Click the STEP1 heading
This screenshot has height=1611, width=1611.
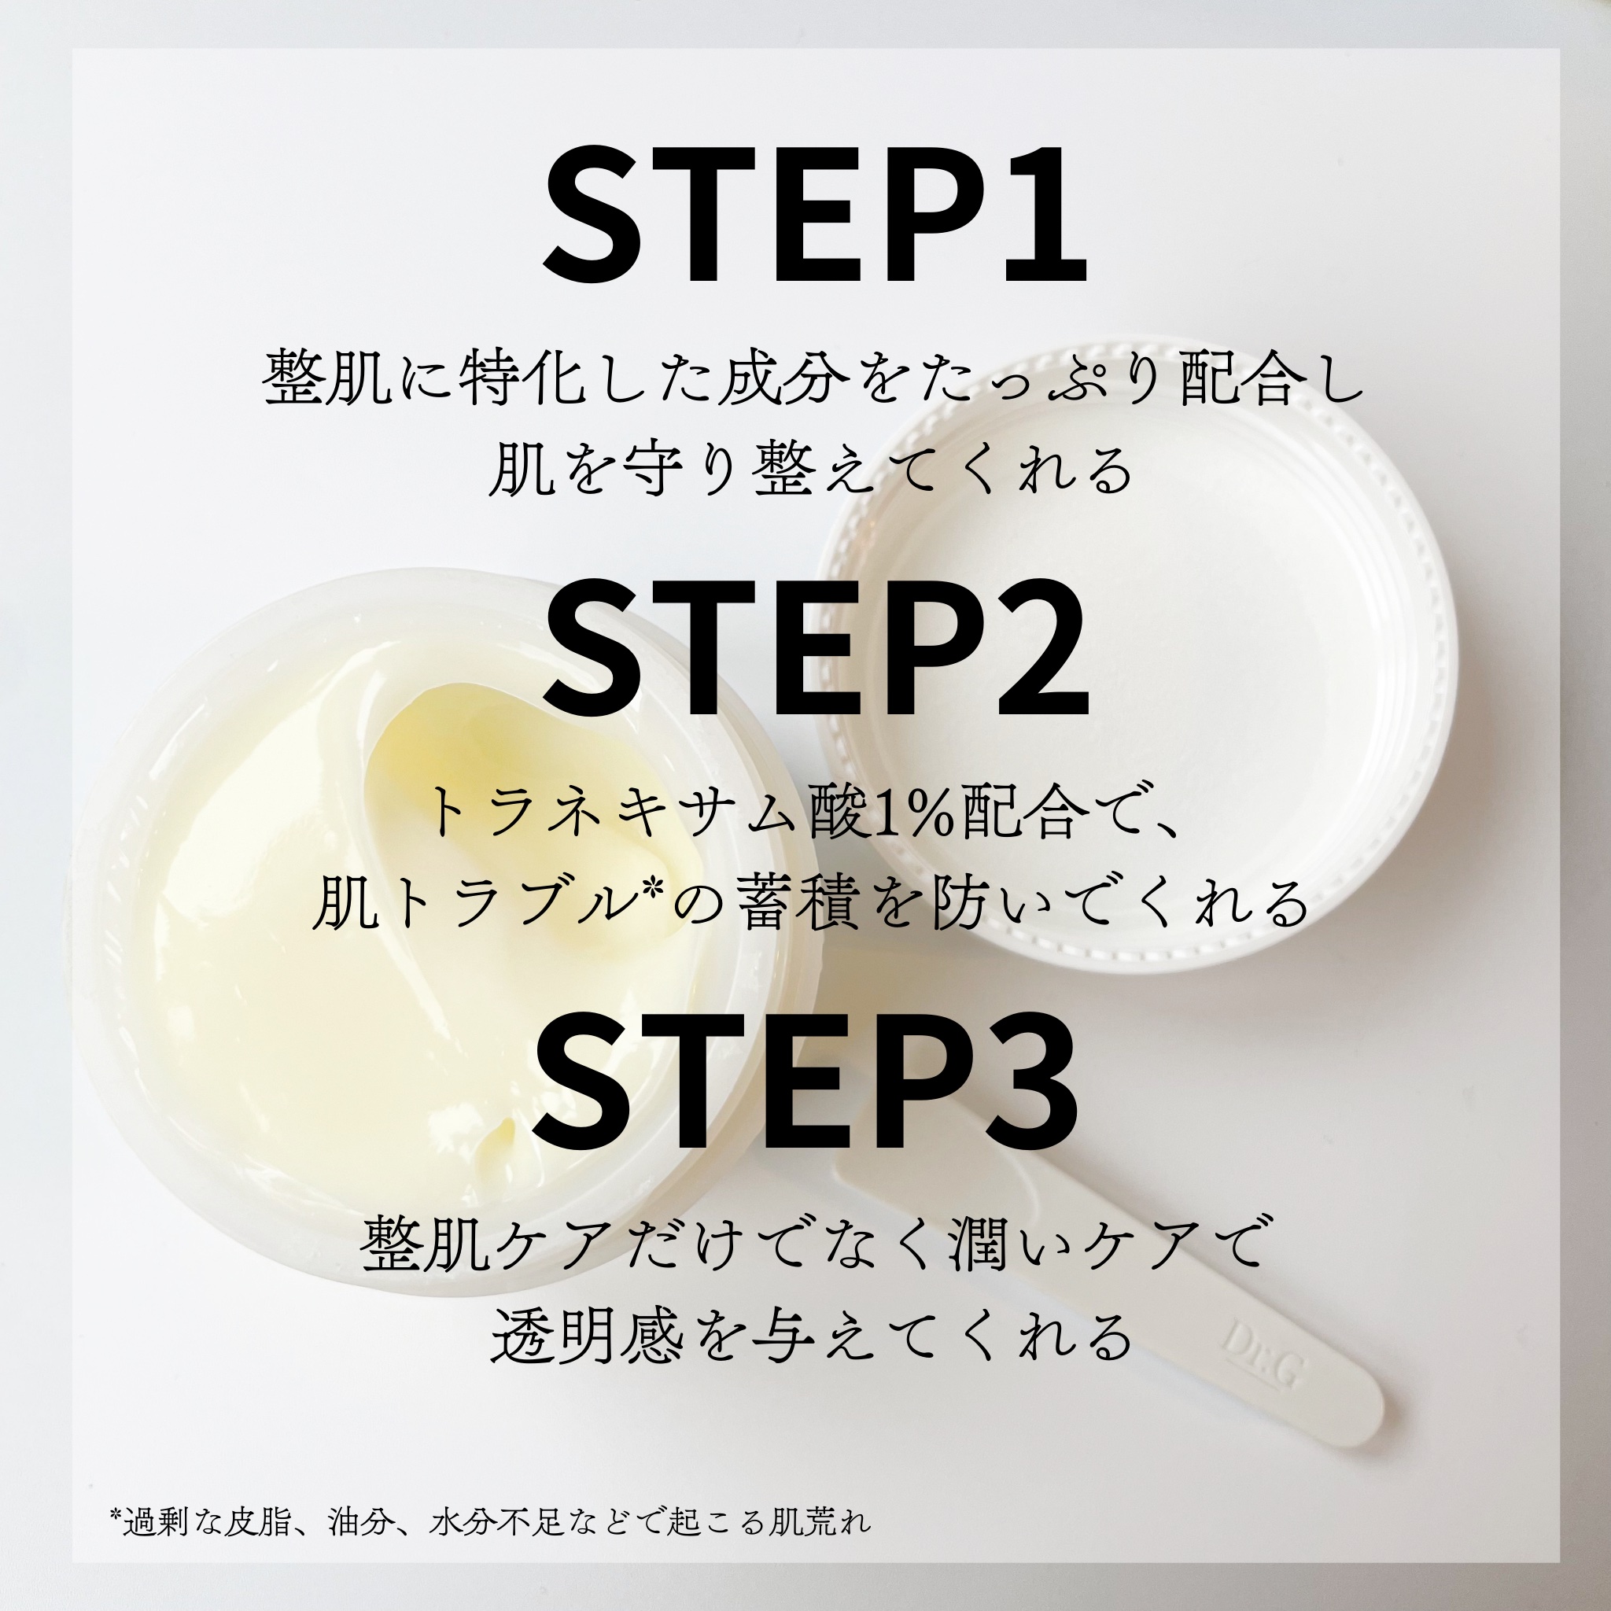coord(816,215)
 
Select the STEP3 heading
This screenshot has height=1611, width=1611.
coord(805,1081)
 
